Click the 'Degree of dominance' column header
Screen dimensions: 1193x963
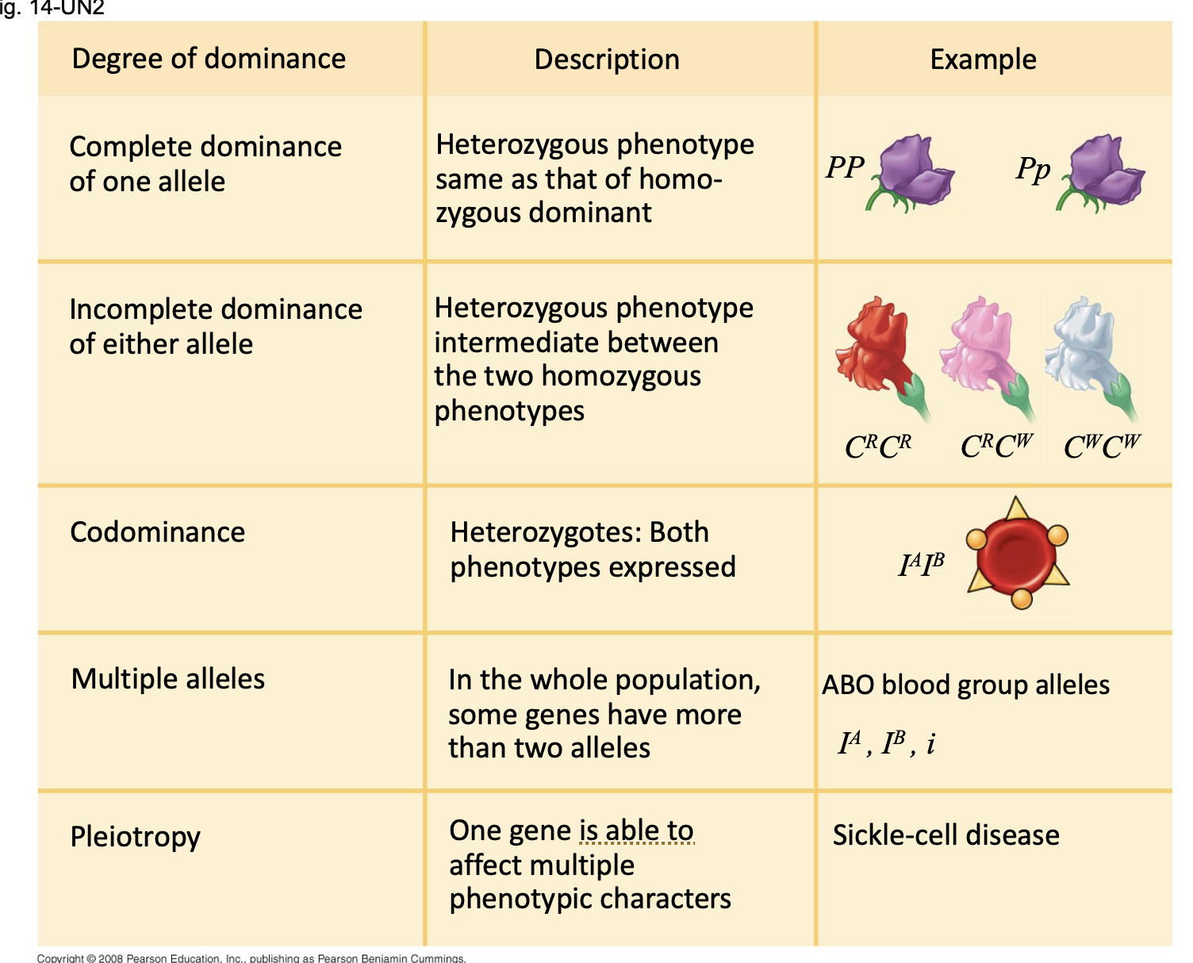pyautogui.click(x=209, y=59)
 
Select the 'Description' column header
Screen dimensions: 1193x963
pyautogui.click(x=607, y=59)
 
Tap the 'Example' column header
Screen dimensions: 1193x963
pyautogui.click(x=983, y=59)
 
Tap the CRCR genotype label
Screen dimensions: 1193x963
pyautogui.click(x=878, y=447)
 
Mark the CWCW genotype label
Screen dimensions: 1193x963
pyautogui.click(x=1102, y=447)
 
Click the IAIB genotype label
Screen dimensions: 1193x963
pyautogui.click(x=921, y=564)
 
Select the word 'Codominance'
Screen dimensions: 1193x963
pyautogui.click(x=158, y=532)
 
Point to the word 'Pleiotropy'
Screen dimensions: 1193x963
pyautogui.click(x=136, y=837)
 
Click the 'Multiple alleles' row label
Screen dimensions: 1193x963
pyautogui.click(x=168, y=679)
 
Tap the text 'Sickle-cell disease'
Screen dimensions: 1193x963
pyautogui.click(x=946, y=835)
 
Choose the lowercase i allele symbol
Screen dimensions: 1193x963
pyautogui.click(x=930, y=743)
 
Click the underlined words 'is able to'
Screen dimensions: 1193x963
pyautogui.click(x=637, y=831)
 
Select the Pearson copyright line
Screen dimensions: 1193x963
pyautogui.click(x=251, y=958)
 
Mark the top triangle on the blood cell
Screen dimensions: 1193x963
pyautogui.click(x=1016, y=508)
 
